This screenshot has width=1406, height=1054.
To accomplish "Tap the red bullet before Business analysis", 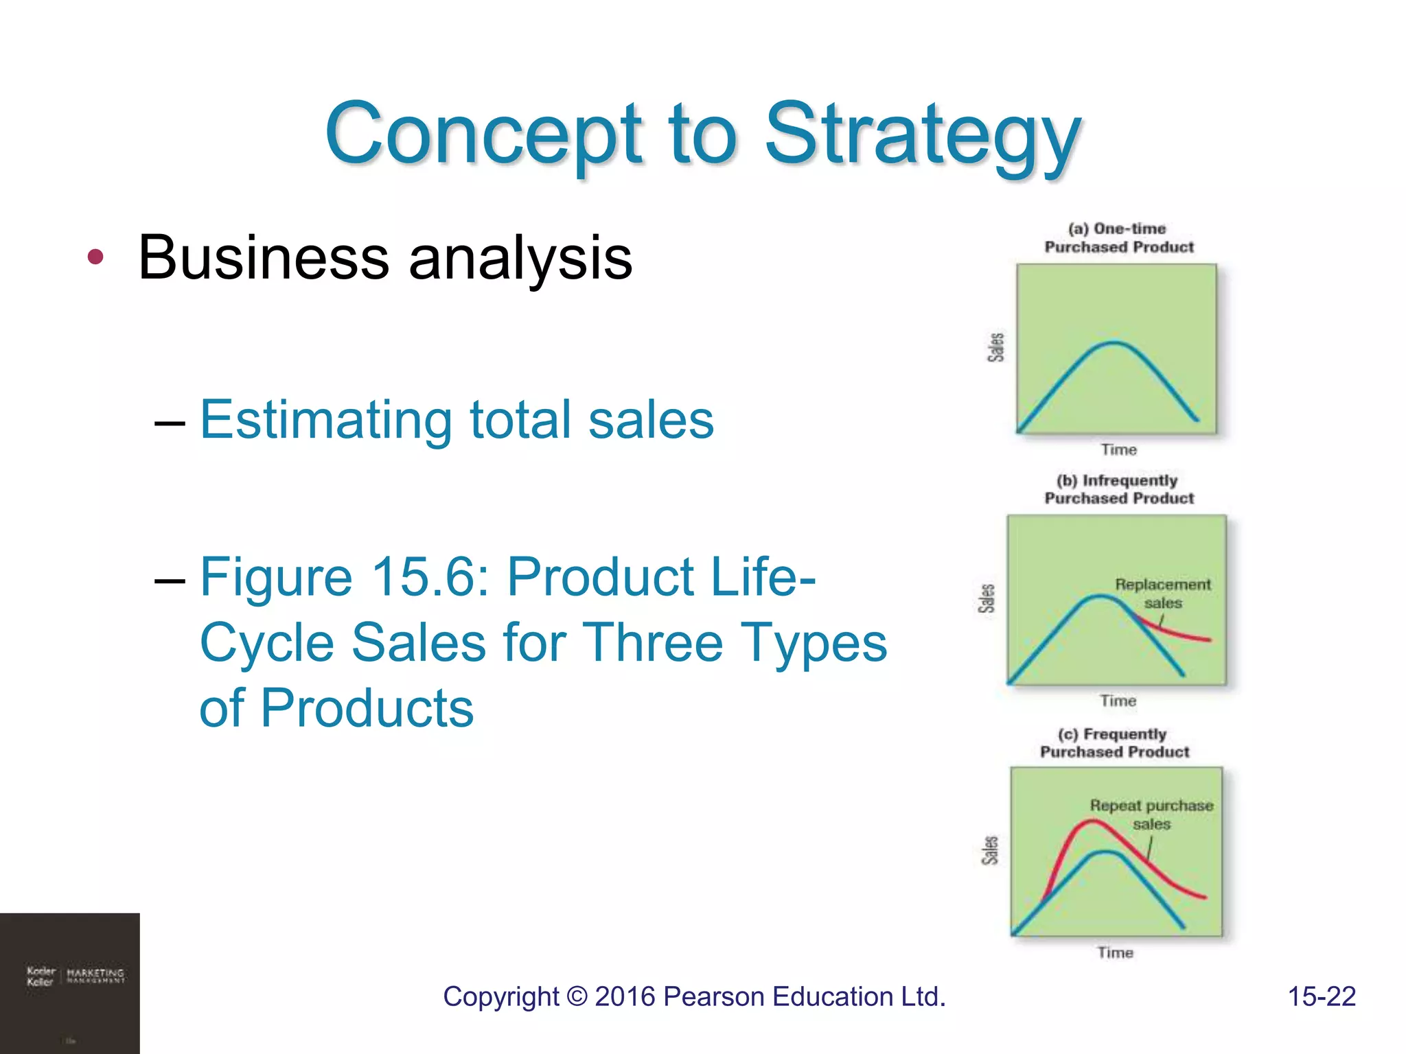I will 95,257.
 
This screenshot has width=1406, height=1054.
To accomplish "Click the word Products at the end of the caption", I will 367,708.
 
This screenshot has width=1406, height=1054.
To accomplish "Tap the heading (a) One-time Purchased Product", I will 1118,238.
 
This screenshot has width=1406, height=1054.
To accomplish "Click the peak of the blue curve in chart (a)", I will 1114,342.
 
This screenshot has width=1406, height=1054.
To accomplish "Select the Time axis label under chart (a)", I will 1118,449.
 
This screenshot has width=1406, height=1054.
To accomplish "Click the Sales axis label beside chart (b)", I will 987,598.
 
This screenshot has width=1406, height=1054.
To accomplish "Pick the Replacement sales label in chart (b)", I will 1162,594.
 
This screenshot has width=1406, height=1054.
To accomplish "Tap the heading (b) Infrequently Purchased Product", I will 1118,489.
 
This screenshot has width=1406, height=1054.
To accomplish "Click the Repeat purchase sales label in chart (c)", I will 1151,815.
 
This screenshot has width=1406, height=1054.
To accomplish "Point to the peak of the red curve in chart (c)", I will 1092,822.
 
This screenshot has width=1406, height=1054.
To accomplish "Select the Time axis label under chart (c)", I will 1115,952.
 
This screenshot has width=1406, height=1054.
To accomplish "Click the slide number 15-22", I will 1321,997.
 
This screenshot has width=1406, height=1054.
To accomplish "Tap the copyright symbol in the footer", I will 578,997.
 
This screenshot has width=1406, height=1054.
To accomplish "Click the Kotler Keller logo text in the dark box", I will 41,976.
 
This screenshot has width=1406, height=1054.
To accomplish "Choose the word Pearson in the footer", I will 713,997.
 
